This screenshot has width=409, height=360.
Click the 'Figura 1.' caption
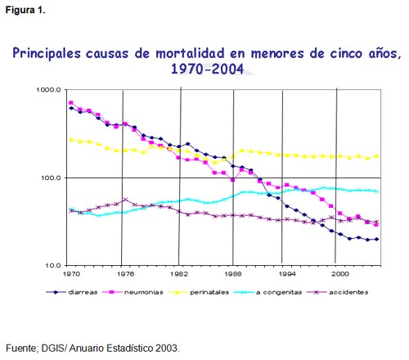coord(25,11)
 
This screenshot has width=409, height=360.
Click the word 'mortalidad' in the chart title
coord(190,53)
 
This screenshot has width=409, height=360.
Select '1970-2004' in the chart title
coord(207,69)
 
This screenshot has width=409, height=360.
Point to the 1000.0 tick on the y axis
coord(49,90)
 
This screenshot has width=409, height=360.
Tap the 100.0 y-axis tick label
coord(51,178)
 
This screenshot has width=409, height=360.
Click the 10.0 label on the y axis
coord(53,265)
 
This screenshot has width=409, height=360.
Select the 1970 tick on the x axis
coord(71,273)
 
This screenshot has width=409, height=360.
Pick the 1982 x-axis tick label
coord(179,273)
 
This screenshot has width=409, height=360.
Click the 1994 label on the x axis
coord(287,273)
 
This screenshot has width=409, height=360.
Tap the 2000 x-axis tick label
coord(340,273)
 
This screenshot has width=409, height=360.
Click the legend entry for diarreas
coord(72,292)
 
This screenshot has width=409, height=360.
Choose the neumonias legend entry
coord(133,292)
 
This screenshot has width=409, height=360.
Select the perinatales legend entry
coord(199,292)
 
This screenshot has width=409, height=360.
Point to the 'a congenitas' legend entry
coord(268,292)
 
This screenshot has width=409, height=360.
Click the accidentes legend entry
coord(338,292)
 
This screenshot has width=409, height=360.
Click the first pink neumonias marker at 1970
coord(71,103)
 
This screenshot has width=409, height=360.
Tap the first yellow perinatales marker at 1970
coord(71,140)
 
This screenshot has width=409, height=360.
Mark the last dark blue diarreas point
coord(376,239)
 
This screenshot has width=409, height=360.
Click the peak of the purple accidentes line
coord(125,200)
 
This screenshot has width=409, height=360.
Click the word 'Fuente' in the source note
coord(22,349)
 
